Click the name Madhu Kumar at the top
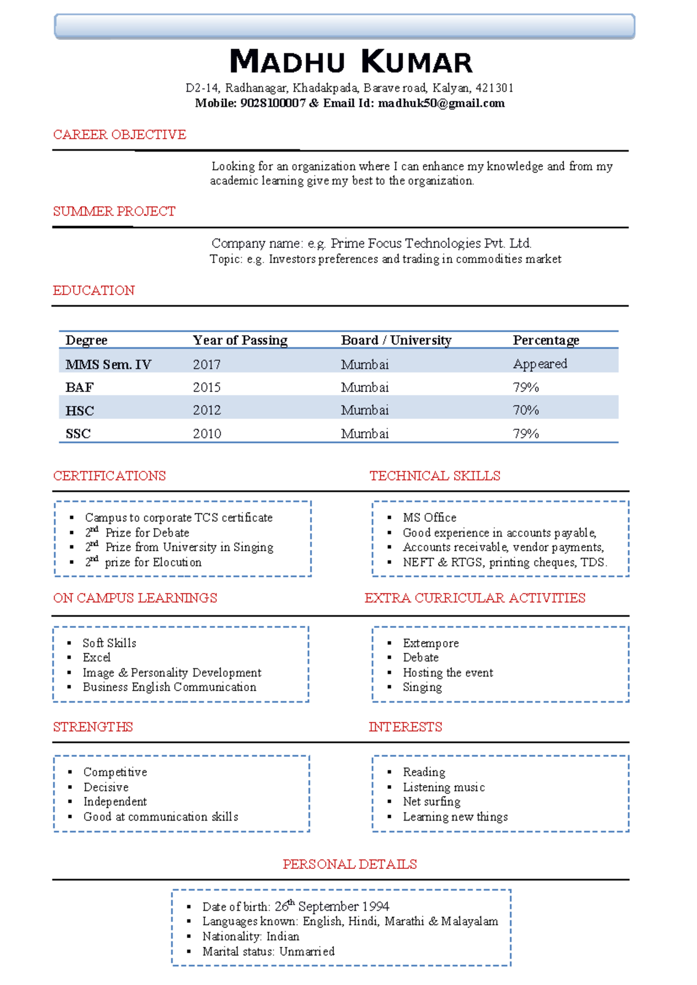coord(351,62)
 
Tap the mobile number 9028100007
coord(272,103)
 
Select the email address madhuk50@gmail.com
coord(441,103)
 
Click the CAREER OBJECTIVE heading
coord(120,135)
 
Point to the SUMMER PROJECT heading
coord(114,211)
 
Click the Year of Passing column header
coord(240,340)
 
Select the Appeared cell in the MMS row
coord(540,364)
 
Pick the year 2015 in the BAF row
coord(207,387)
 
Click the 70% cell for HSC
coord(526,411)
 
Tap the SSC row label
coord(78,434)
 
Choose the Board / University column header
coord(396,340)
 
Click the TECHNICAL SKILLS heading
coord(434,476)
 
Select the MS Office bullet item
coord(429,517)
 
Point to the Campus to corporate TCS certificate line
coord(178,517)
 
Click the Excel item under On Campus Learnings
coord(96,657)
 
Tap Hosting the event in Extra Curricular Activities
coord(448,673)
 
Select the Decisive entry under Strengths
coord(106,787)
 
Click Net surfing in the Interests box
coord(432,801)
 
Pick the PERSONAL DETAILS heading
coord(350,864)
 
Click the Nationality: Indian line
coord(250,936)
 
